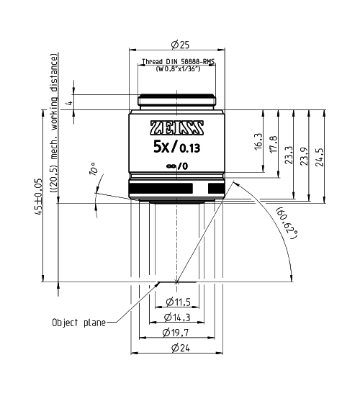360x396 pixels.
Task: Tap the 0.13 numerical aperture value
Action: coord(191,150)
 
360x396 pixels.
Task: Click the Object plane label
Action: coord(78,323)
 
